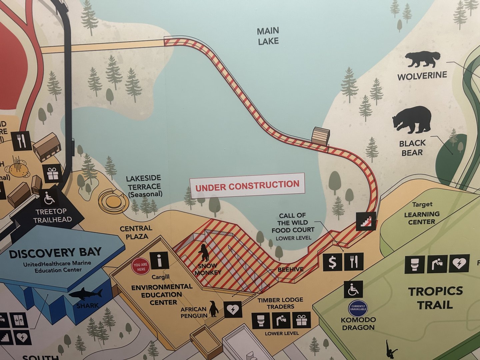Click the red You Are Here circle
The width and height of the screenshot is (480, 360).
[x=141, y=267]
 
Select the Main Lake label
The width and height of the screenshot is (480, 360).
[x=268, y=36]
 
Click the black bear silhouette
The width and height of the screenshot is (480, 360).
[x=412, y=120]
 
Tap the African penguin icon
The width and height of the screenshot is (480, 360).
[x=214, y=309]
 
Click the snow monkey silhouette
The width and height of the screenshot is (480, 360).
[x=204, y=253]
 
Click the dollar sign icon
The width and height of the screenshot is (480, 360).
[x=332, y=262]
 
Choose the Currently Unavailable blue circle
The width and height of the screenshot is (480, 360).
[x=358, y=308]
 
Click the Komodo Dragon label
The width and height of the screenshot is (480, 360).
[x=358, y=323]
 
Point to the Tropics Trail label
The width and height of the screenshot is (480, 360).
[x=435, y=298]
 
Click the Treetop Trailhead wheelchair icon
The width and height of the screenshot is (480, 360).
[x=50, y=199]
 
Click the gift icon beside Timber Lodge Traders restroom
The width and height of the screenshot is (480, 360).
[x=301, y=320]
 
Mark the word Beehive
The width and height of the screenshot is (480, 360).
[x=290, y=269]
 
